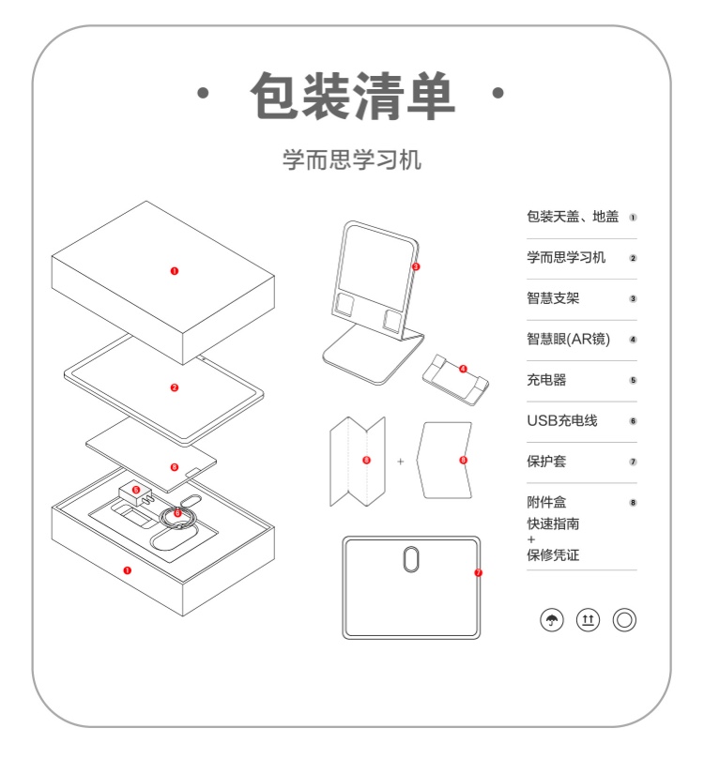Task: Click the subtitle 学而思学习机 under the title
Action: pyautogui.click(x=352, y=159)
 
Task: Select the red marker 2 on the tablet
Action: pyautogui.click(x=175, y=387)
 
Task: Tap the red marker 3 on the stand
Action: pyautogui.click(x=416, y=266)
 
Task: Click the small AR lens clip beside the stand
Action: pyautogui.click(x=459, y=374)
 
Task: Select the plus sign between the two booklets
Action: pyautogui.click(x=400, y=462)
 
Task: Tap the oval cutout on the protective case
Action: pyautogui.click(x=411, y=560)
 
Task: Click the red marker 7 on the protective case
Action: pyautogui.click(x=478, y=572)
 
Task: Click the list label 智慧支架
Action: pyautogui.click(x=553, y=299)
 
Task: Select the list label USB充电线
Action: pyautogui.click(x=561, y=420)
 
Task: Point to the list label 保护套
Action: pyautogui.click(x=546, y=462)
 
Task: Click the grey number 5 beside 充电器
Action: pyautogui.click(x=634, y=381)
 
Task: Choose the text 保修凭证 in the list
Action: pyautogui.click(x=553, y=555)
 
